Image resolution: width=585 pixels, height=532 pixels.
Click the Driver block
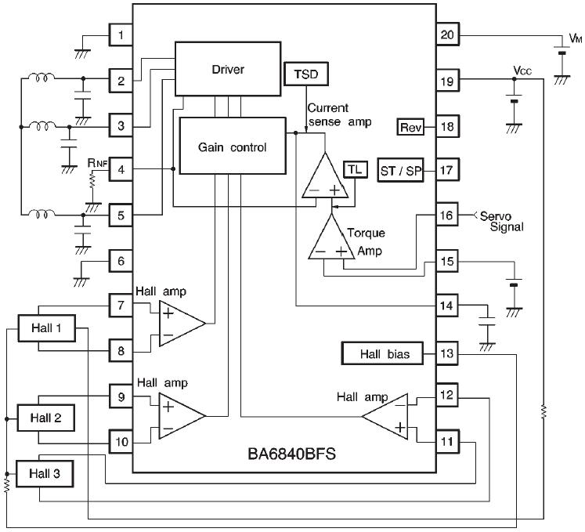pos(228,69)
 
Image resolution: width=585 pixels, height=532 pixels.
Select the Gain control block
pos(233,146)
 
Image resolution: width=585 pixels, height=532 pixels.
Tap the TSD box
pos(306,74)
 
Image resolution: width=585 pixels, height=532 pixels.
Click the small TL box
pos(356,170)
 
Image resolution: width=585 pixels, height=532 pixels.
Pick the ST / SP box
pos(401,171)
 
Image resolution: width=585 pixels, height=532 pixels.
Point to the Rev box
pos(410,127)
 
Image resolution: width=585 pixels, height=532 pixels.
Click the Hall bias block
pos(383,353)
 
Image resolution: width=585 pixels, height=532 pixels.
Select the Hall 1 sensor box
pos(47,328)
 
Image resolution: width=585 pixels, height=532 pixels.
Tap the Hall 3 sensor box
pos(45,474)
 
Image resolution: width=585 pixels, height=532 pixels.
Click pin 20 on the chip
pos(447,34)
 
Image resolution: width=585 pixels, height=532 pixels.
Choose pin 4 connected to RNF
pos(121,169)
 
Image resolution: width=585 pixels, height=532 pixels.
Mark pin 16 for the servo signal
pos(447,215)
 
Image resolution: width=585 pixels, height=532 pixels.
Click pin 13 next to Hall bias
pos(447,353)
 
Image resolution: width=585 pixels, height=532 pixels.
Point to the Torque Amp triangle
pos(331,241)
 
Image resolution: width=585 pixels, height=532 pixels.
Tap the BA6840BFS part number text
pos(292,454)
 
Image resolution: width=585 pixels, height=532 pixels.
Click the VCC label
pos(522,71)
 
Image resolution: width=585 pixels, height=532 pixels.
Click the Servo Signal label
pos(501,222)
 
